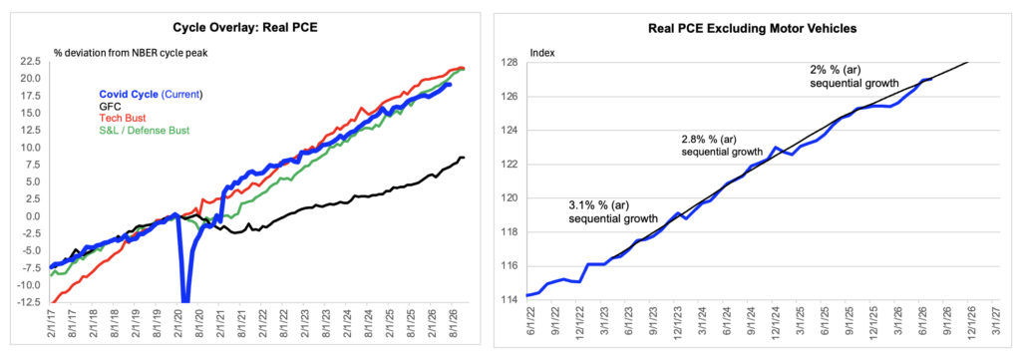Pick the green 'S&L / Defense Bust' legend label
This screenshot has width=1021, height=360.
coord(144,131)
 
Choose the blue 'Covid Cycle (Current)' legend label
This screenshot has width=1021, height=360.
coord(151,94)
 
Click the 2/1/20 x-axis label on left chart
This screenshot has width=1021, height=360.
coord(176,323)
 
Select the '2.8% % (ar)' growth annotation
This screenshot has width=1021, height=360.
coord(711,140)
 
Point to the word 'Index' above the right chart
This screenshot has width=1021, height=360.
coord(541,52)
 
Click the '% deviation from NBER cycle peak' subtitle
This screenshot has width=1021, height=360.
coord(131,52)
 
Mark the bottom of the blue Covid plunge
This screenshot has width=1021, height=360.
coord(185,301)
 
